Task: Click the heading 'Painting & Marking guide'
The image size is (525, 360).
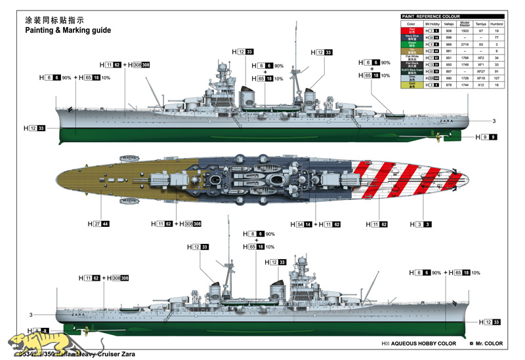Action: (x=68, y=30)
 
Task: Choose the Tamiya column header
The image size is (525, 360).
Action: (x=480, y=24)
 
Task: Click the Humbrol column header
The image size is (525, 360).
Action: (x=497, y=24)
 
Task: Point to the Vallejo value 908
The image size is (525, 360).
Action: (x=448, y=31)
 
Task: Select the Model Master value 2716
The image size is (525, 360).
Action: (x=464, y=45)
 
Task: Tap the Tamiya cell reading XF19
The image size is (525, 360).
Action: (x=480, y=78)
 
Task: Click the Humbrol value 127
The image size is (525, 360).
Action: (x=497, y=78)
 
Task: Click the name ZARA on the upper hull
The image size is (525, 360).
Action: (x=446, y=120)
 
